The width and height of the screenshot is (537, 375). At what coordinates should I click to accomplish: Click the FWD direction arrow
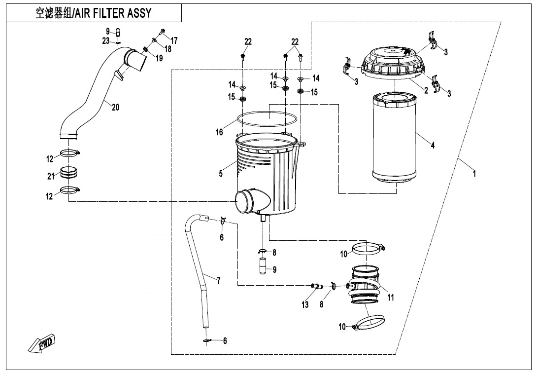click(x=42, y=342)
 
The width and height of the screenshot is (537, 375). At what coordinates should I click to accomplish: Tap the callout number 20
click(x=115, y=107)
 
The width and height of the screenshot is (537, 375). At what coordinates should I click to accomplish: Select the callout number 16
click(x=219, y=132)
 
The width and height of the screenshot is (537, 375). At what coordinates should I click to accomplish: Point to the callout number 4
click(x=433, y=146)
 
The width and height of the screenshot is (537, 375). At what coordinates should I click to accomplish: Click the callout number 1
click(x=474, y=174)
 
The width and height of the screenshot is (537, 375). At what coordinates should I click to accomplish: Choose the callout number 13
click(x=305, y=305)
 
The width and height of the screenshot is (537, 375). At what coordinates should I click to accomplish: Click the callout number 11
click(x=391, y=298)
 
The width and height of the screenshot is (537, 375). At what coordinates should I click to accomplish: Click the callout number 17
click(x=174, y=39)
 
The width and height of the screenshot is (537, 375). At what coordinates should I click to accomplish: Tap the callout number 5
click(x=221, y=173)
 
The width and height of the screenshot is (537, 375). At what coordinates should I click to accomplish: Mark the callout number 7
click(x=218, y=281)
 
